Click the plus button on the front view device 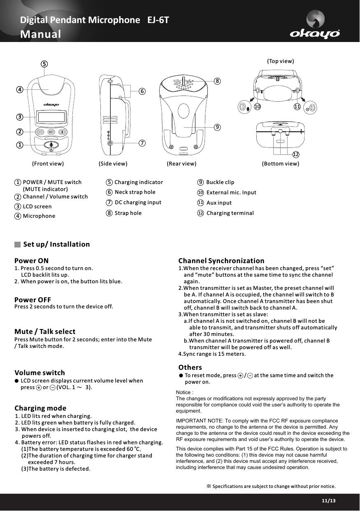[62, 132]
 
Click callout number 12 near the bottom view [295, 154]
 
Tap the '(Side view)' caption [113, 163]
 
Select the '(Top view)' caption [281, 61]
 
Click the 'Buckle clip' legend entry [220, 182]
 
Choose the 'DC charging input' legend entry [138, 202]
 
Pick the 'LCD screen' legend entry [37, 206]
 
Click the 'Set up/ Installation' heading [56, 244]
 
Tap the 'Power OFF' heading [33, 299]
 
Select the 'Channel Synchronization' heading [221, 261]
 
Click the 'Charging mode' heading [40, 408]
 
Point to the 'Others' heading [190, 367]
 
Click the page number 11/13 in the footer [329, 500]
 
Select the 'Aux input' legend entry [219, 203]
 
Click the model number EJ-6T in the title [158, 20]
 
